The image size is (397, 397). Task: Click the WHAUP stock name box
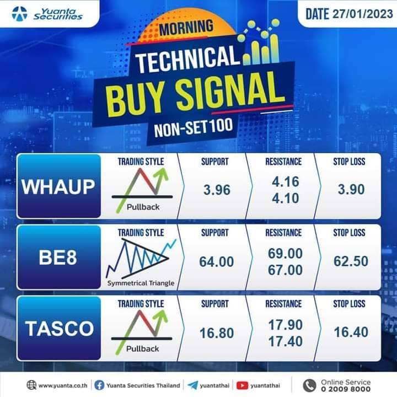(59, 186)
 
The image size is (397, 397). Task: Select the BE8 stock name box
(59, 257)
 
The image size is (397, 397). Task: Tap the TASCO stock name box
(59, 329)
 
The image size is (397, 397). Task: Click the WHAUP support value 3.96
(217, 190)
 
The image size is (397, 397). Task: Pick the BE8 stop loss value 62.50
(351, 261)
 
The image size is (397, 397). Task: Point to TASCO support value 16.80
(217, 333)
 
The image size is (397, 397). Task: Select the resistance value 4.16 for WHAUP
(286, 181)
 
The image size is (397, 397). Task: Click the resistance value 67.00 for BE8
(286, 270)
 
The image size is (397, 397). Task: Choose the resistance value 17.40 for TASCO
(286, 341)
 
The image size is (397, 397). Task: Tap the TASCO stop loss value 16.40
(351, 332)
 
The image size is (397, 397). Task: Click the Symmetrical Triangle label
(141, 283)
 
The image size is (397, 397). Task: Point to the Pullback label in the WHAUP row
(143, 207)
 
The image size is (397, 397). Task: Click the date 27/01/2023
(362, 14)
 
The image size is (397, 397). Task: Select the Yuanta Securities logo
(47, 14)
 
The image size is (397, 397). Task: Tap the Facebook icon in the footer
(99, 385)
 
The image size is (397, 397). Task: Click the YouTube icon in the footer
(242, 385)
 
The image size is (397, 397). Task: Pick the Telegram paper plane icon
(192, 385)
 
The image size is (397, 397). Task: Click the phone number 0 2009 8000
(346, 389)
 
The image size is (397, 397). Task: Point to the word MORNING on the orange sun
(186, 28)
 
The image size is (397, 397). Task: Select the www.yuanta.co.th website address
(63, 385)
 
